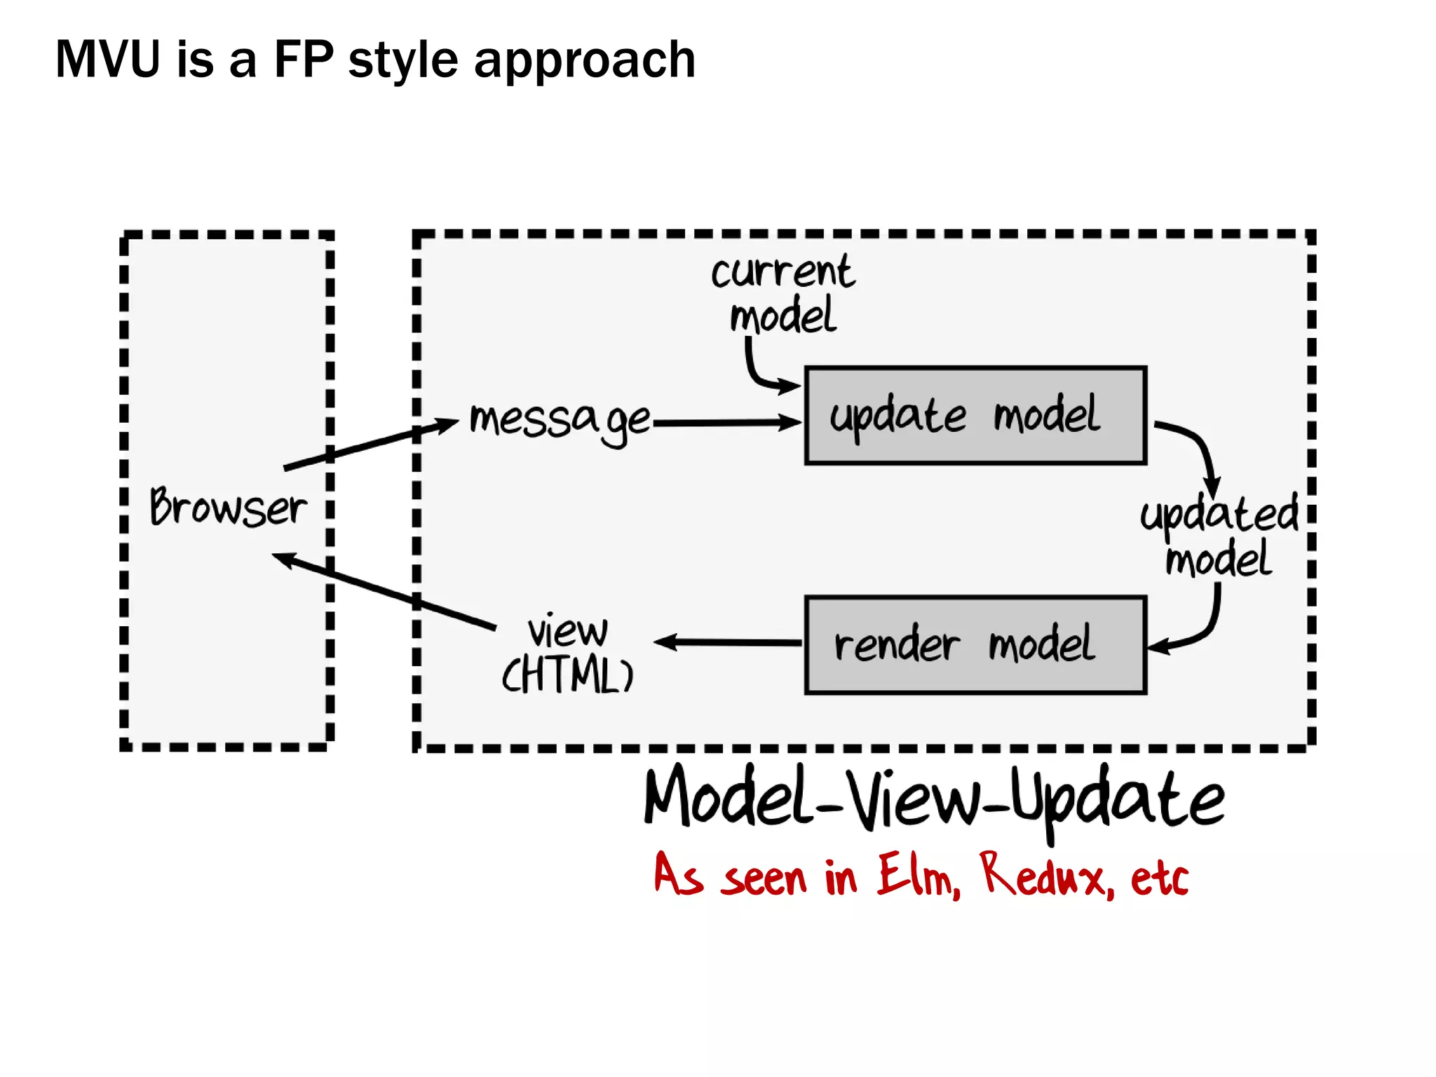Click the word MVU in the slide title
pyautogui.click(x=108, y=60)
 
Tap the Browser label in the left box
pyautogui.click(x=228, y=507)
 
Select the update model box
pyautogui.click(x=975, y=415)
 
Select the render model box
pyautogui.click(x=975, y=645)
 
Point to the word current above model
pyautogui.click(x=783, y=272)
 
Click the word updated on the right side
pyautogui.click(x=1219, y=514)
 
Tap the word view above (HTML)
pyautogui.click(x=568, y=630)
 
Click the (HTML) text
pyautogui.click(x=568, y=675)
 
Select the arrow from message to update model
pyautogui.click(x=726, y=423)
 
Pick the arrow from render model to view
pyautogui.click(x=729, y=642)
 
